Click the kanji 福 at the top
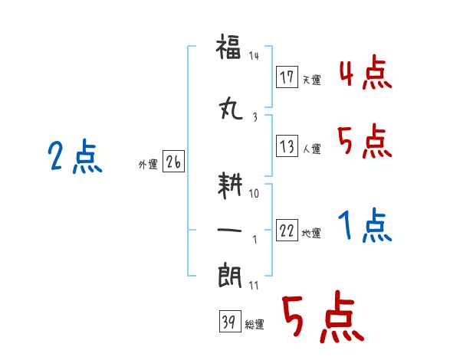pyautogui.click(x=228, y=46)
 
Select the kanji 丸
pyautogui.click(x=231, y=108)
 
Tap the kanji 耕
pyautogui.click(x=230, y=185)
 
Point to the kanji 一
pyautogui.click(x=229, y=230)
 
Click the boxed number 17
pyautogui.click(x=287, y=77)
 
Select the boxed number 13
pyautogui.click(x=287, y=146)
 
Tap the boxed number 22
pyautogui.click(x=287, y=230)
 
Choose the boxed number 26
pyautogui.click(x=173, y=162)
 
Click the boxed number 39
pyautogui.click(x=230, y=321)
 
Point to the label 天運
pyautogui.click(x=311, y=80)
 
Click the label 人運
pyautogui.click(x=311, y=149)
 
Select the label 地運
pyautogui.click(x=311, y=233)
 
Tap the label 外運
pyautogui.click(x=148, y=164)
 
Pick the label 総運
pyautogui.click(x=255, y=325)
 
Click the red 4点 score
pyautogui.click(x=366, y=72)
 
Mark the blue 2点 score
pyautogui.click(x=75, y=156)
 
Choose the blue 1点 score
pyautogui.click(x=365, y=225)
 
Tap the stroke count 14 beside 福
pyautogui.click(x=254, y=55)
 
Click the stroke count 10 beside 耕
pyautogui.click(x=254, y=193)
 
